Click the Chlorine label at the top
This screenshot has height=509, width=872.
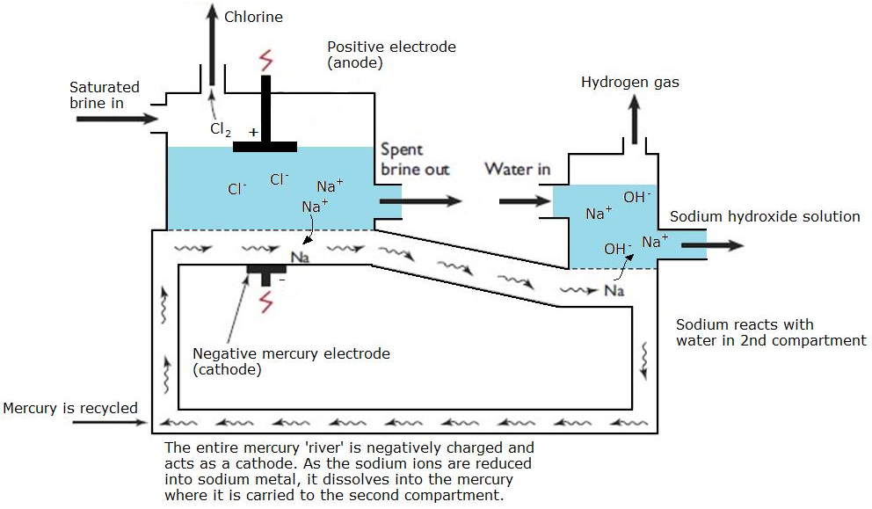tap(253, 16)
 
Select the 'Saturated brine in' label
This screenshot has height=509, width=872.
tap(105, 95)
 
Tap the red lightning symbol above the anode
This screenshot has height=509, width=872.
tap(265, 62)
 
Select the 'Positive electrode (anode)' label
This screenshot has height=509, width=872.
tap(391, 55)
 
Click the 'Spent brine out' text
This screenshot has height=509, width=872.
tap(414, 159)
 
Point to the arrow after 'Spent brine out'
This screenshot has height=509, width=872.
tap(431, 200)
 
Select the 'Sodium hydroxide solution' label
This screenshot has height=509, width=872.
tap(765, 216)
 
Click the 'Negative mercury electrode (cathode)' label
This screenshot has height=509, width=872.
tap(290, 361)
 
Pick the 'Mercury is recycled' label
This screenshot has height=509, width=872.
tap(70, 408)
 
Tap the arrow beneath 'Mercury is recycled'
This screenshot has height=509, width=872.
tap(110, 423)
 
